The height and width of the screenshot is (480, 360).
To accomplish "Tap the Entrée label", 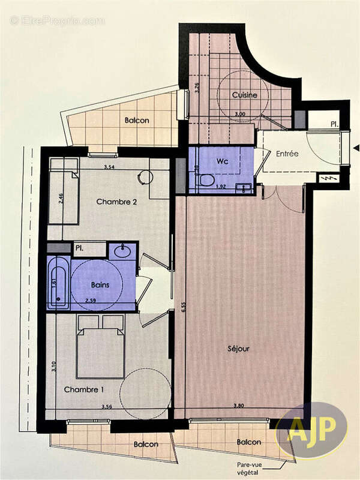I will tap(287, 154).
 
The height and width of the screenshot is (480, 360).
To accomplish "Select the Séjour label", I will tap(238, 348).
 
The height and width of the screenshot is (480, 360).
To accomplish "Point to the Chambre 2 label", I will tap(117, 202).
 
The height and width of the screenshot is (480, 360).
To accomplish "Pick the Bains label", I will tap(100, 285).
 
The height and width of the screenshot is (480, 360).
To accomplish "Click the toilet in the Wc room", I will tap(206, 179).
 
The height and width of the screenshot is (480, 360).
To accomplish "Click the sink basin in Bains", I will tap(124, 250).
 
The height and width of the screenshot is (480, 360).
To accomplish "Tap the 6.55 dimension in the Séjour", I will tap(182, 306).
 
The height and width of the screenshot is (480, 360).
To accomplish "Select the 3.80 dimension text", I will tap(239, 407).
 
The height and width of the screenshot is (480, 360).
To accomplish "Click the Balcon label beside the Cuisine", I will tap(137, 121).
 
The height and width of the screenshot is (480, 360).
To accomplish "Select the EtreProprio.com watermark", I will tap(57, 21).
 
